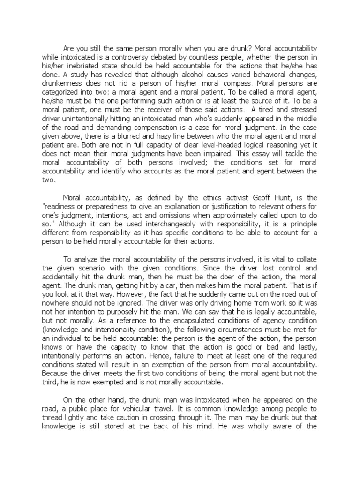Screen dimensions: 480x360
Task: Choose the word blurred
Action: click(127, 138)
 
